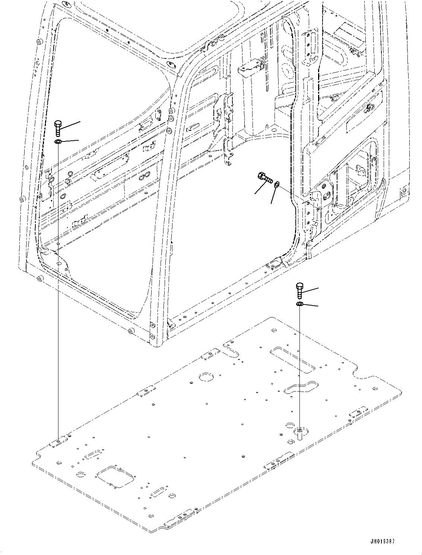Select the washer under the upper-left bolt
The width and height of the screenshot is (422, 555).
pyautogui.click(x=58, y=142)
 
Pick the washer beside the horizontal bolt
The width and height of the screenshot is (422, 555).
pyautogui.click(x=276, y=184)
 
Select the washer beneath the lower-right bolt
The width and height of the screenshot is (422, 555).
pyautogui.click(x=299, y=304)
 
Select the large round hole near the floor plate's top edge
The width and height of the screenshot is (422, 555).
pyautogui.click(x=205, y=377)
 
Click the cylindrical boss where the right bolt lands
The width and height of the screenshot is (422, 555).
pyautogui.click(x=300, y=433)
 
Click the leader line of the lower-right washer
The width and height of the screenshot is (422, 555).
pyautogui.click(x=311, y=305)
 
